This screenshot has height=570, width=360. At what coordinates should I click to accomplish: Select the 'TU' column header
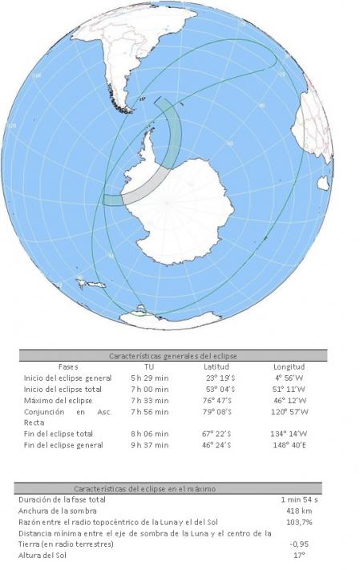[x=148, y=366]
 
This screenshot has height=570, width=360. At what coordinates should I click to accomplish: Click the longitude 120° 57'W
[x=290, y=411]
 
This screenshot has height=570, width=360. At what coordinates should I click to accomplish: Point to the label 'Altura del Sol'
[x=45, y=554]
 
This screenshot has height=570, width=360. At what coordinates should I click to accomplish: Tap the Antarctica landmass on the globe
[x=208, y=208]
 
